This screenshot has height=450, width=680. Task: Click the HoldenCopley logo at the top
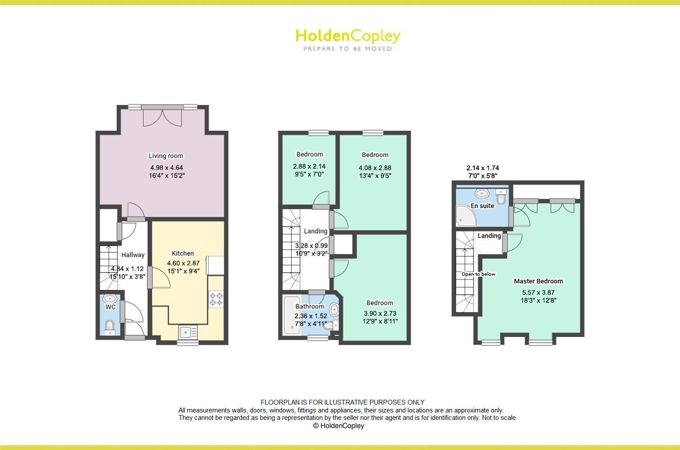[x=348, y=36]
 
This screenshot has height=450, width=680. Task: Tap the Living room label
[x=166, y=156]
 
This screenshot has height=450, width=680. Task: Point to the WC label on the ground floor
[x=110, y=307]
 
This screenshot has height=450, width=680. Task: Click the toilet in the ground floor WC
[x=110, y=326]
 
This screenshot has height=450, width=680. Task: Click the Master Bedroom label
[x=538, y=281]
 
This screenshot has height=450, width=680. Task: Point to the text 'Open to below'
[x=479, y=274]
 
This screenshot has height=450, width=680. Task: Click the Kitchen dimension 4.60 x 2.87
[x=183, y=263]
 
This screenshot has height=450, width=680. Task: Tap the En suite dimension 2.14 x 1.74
[x=483, y=168]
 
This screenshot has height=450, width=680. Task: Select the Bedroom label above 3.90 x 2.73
[x=380, y=303]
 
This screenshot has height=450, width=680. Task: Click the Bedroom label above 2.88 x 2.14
[x=310, y=154]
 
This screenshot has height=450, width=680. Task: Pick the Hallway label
[x=133, y=255]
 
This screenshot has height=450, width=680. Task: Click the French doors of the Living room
[x=162, y=117]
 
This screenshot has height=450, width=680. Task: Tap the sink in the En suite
[x=482, y=193]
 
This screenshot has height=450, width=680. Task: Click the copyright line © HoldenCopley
[x=338, y=426]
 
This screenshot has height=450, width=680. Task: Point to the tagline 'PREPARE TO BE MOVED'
[x=348, y=49]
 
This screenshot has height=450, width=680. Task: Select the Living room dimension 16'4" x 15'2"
[x=166, y=176]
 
